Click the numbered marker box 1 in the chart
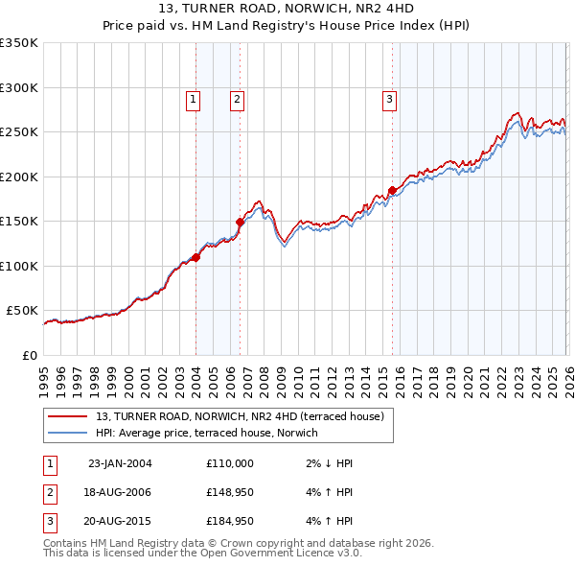coord(193,98)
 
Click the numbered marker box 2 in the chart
coord(236,98)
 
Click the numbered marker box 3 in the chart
coord(390,98)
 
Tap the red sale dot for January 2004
coord(195,257)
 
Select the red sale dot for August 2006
coord(240,223)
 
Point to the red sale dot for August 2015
coord(392,190)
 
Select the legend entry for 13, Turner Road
coord(240,416)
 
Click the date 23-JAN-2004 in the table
coord(120,463)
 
